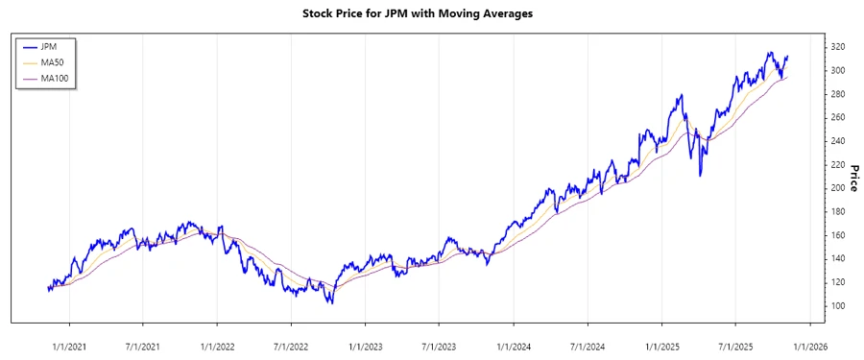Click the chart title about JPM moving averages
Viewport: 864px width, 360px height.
(x=431, y=13)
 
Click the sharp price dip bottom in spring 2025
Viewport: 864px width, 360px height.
(x=701, y=176)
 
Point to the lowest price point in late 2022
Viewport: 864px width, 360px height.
(x=331, y=303)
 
